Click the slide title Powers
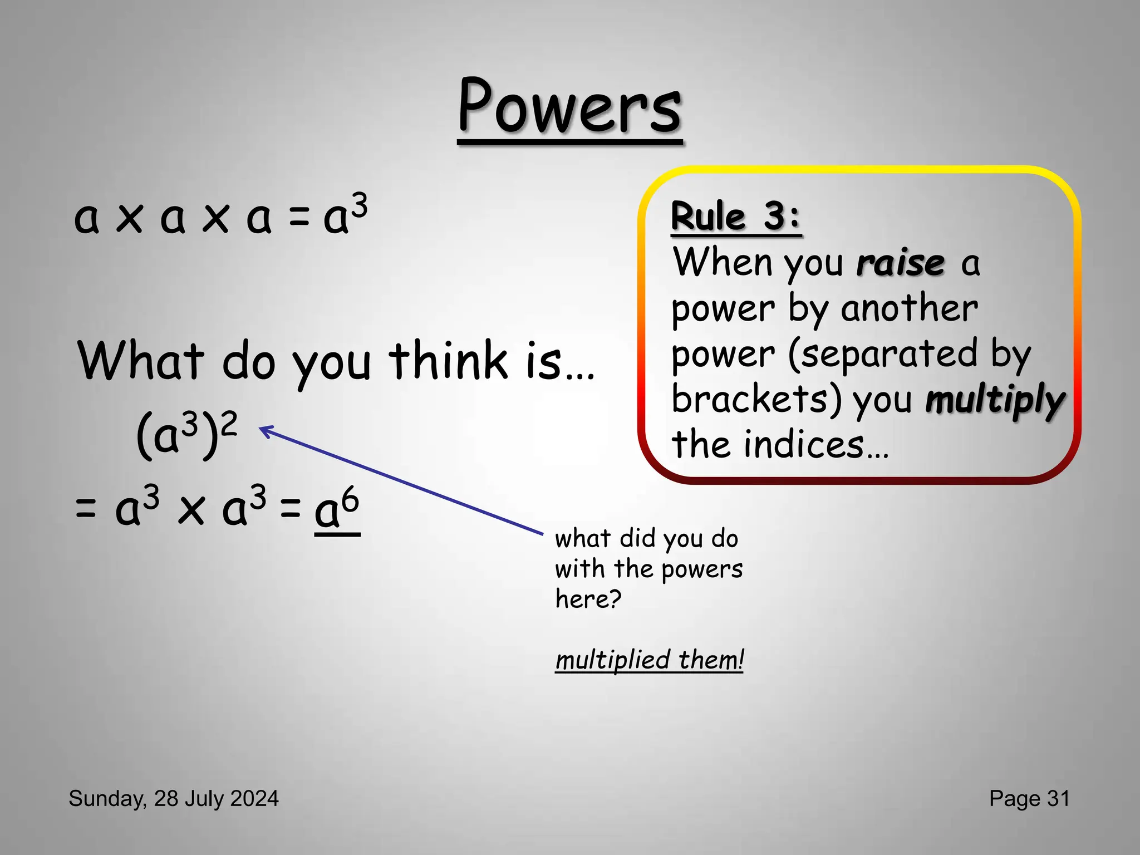[570, 107]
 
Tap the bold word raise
[900, 263]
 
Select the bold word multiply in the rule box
[995, 400]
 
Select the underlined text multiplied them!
[649, 660]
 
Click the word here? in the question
[588, 599]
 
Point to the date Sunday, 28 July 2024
[174, 798]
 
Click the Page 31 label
[1029, 798]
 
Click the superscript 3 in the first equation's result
[360, 205]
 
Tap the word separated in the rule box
[883, 354]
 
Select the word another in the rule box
[909, 308]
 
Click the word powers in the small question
[702, 569]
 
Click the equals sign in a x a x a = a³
[298, 218]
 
